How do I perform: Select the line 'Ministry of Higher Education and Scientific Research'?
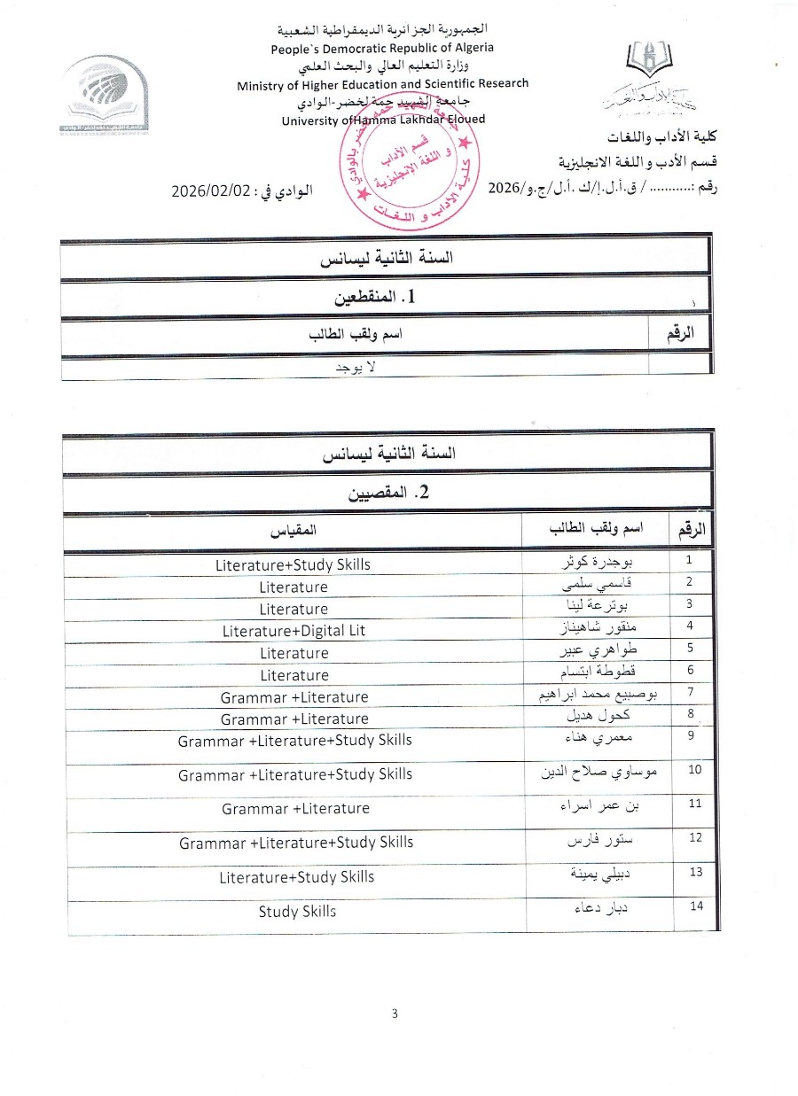point(383,84)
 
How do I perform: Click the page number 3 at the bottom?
point(395,1014)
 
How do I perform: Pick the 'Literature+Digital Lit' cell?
point(293,631)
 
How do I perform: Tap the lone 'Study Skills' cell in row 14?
point(297,911)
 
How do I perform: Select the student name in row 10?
point(599,773)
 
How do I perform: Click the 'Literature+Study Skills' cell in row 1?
point(293,564)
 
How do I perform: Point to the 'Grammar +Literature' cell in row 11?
point(295,808)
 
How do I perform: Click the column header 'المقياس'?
point(293,531)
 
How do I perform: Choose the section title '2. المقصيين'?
point(387,493)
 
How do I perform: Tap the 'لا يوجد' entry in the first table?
point(355,366)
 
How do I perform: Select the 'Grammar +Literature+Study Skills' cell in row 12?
point(296,843)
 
